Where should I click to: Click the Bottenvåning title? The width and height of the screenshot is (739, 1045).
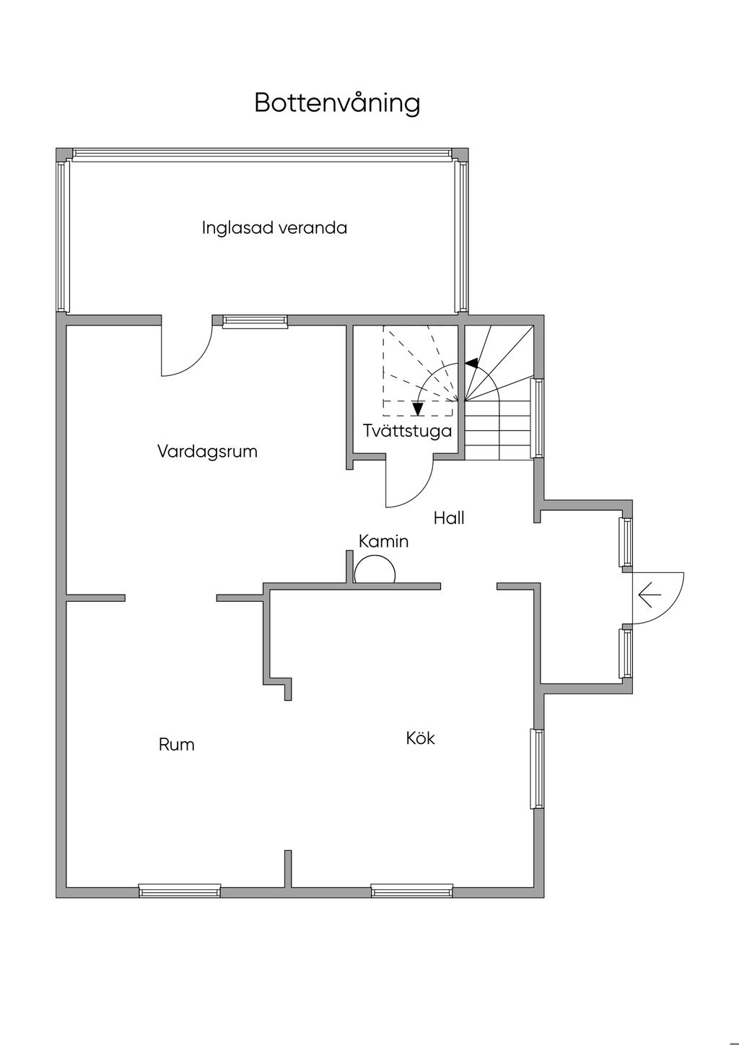click(x=337, y=103)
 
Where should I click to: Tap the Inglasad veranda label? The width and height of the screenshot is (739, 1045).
click(x=274, y=228)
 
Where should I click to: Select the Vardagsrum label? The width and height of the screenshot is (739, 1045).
click(x=207, y=452)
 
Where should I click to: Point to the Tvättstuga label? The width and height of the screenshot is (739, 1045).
click(x=407, y=431)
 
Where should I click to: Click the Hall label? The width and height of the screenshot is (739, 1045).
click(x=448, y=517)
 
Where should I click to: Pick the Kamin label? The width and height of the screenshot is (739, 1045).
click(x=383, y=541)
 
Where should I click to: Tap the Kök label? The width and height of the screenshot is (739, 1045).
click(x=420, y=738)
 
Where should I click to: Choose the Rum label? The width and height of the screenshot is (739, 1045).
click(x=177, y=744)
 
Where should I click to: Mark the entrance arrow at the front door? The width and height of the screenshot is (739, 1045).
click(x=650, y=596)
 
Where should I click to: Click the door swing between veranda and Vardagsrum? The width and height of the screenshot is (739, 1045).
click(x=186, y=350)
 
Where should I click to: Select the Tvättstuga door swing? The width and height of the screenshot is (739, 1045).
click(x=410, y=482)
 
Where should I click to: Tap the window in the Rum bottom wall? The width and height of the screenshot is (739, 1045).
click(x=180, y=891)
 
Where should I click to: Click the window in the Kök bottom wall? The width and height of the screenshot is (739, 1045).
click(x=412, y=891)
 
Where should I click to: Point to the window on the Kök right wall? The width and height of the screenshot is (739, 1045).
click(x=536, y=769)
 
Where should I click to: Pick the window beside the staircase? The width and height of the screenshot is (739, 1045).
click(x=537, y=419)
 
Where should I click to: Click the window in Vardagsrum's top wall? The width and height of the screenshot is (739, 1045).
click(x=255, y=322)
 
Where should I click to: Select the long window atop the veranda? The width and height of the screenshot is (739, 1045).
click(x=263, y=154)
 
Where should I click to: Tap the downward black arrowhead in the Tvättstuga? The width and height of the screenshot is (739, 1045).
click(x=417, y=409)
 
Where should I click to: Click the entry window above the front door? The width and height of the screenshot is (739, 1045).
click(x=626, y=542)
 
